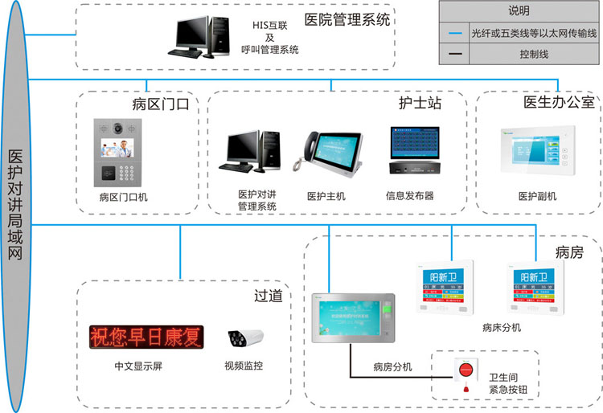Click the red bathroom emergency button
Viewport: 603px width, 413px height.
click(465, 371)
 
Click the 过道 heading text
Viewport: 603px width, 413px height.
click(268, 296)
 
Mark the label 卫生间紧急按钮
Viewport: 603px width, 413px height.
click(514, 383)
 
